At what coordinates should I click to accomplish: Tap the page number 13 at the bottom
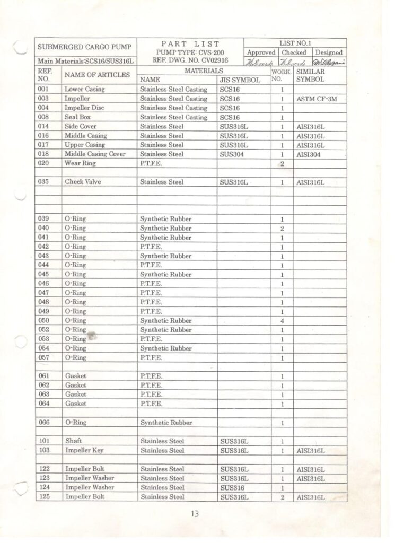pyautogui.click(x=195, y=513)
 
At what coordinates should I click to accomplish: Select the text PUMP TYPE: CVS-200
pyautogui.click(x=190, y=52)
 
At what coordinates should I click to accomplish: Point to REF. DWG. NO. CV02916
pyautogui.click(x=190, y=60)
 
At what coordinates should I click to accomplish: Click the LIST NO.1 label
pyautogui.click(x=295, y=43)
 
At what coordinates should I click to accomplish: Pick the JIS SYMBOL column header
pyautogui.click(x=240, y=80)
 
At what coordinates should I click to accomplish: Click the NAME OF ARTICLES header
pyautogui.click(x=97, y=75)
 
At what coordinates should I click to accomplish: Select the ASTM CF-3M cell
pyautogui.click(x=317, y=99)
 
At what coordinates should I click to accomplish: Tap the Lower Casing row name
pyautogui.click(x=84, y=89)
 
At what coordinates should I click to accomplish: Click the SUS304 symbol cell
pyautogui.click(x=232, y=154)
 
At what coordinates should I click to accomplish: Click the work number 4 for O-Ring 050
pyautogui.click(x=282, y=321)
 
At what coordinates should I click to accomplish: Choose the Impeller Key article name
pyautogui.click(x=84, y=451)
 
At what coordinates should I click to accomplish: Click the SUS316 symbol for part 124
pyautogui.click(x=232, y=487)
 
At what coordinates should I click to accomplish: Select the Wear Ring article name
pyautogui.click(x=80, y=163)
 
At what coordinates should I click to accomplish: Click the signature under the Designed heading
pyautogui.click(x=329, y=63)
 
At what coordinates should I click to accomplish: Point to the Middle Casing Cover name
pyautogui.click(x=95, y=154)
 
